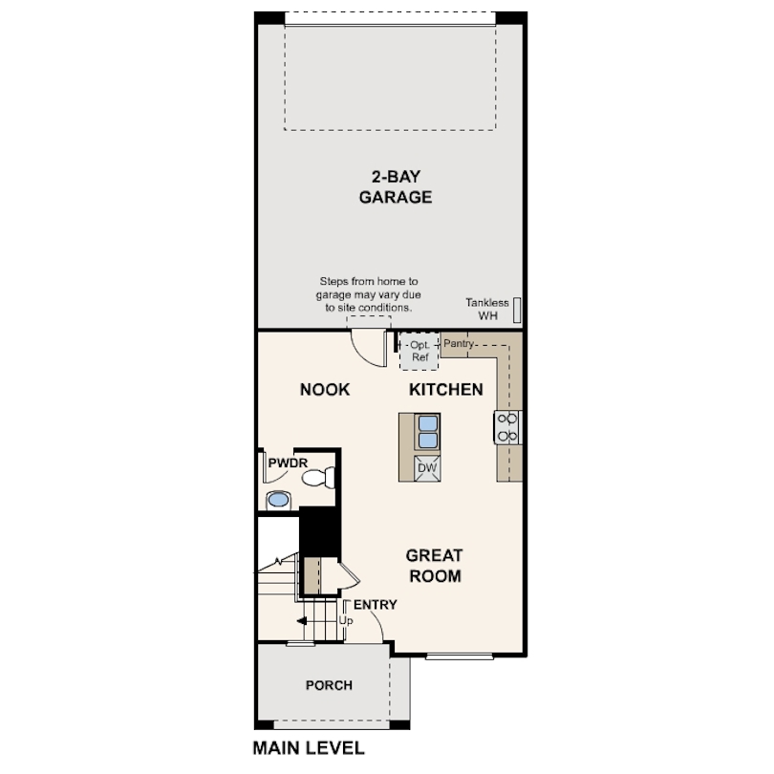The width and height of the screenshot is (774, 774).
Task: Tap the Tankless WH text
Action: [488, 309]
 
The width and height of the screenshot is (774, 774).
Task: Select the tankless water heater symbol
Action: [517, 308]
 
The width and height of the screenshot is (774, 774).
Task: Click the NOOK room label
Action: [325, 390]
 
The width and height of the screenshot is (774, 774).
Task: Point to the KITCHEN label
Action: [446, 390]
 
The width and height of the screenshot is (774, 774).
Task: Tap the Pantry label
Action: [459, 342]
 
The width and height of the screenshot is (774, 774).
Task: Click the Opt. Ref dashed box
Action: [419, 351]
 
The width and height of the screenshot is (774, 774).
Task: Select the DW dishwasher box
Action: [427, 468]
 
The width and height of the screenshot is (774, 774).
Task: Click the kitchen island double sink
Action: [427, 432]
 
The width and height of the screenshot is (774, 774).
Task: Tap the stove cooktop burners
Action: [506, 427]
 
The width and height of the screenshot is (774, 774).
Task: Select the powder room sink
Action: [278, 498]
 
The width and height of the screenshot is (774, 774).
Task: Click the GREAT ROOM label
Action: [434, 566]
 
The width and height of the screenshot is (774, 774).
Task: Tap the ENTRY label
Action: [375, 605]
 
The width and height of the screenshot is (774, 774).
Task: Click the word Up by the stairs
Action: [346, 620]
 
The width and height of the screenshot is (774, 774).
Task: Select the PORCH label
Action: [329, 685]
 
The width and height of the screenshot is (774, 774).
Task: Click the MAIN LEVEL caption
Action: [308, 748]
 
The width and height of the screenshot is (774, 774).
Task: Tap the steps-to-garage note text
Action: [367, 295]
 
